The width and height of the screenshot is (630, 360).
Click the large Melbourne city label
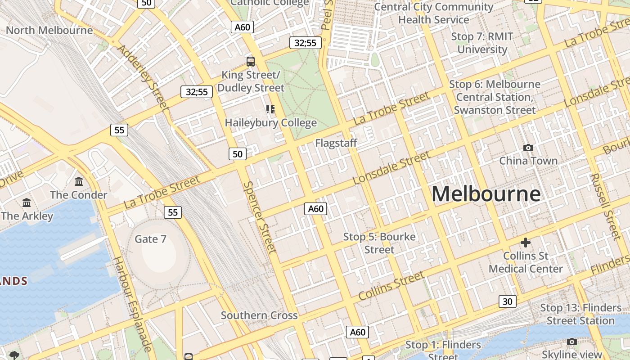click(x=486, y=194)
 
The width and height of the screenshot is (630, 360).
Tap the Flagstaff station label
click(x=336, y=143)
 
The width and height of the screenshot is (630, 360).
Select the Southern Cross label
click(x=259, y=315)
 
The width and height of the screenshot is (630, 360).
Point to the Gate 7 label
click(x=150, y=239)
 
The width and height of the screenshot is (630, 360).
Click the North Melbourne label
click(x=49, y=30)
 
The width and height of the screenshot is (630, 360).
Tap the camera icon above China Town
click(x=528, y=148)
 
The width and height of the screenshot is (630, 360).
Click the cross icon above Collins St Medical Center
click(x=525, y=243)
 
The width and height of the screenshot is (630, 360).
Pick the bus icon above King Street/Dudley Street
click(x=251, y=62)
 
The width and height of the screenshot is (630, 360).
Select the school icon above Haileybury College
click(x=270, y=109)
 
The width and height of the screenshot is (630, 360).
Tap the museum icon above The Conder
click(x=79, y=182)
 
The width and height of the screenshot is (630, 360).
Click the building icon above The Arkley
click(x=27, y=203)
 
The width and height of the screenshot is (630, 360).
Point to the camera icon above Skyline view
click(x=572, y=342)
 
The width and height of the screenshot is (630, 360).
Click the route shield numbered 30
click(x=507, y=301)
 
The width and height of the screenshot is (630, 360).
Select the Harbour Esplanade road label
click(x=131, y=304)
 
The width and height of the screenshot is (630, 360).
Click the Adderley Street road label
click(x=143, y=77)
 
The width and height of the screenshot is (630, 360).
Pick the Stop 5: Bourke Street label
click(x=379, y=243)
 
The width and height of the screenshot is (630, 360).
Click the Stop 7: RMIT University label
click(x=482, y=43)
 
